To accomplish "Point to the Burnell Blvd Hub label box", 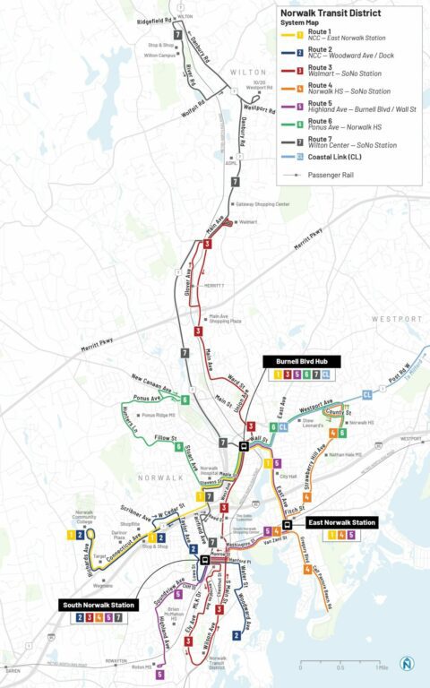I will (291, 360).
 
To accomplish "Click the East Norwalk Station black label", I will (340, 521).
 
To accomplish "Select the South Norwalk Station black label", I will (99, 605).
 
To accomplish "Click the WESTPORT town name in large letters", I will (394, 319).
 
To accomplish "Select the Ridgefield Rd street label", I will (155, 18).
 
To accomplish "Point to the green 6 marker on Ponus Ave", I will (185, 400).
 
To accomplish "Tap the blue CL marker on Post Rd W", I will (367, 394).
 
